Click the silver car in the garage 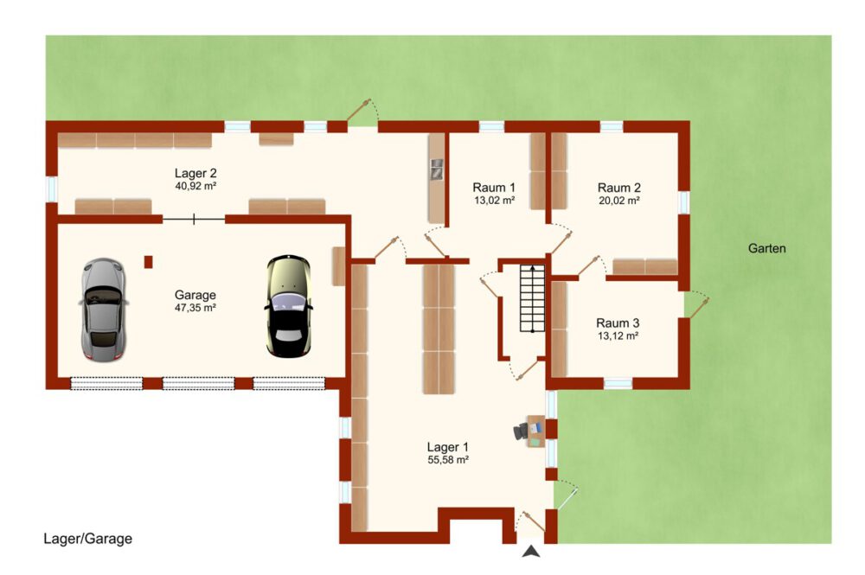click(104, 310)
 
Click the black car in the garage click(289, 306)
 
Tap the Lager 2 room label click(195, 173)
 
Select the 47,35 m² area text click(195, 308)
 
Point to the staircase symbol click(532, 298)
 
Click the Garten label click(766, 249)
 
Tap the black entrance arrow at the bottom click(531, 551)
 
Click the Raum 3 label click(618, 323)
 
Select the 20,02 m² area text click(619, 201)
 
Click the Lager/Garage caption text click(87, 539)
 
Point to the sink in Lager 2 click(437, 169)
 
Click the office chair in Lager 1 click(520, 431)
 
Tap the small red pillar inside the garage click(149, 262)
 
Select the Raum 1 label click(494, 188)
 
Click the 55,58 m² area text click(448, 460)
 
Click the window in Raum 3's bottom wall click(618, 383)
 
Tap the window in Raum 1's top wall click(491, 127)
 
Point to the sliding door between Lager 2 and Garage click(194, 220)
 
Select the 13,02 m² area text click(494, 201)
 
